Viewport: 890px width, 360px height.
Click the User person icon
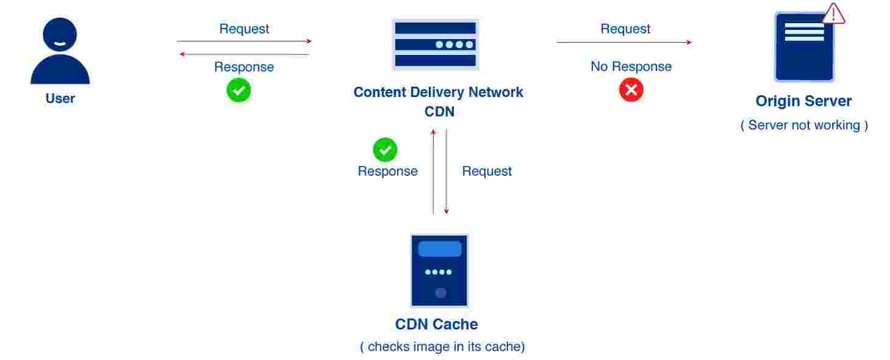pos(60,51)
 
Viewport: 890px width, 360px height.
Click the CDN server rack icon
pos(435,45)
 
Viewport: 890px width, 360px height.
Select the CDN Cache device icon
pos(439,270)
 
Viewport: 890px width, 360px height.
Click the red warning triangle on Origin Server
pos(833,13)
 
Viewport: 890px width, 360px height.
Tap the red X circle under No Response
pos(631,90)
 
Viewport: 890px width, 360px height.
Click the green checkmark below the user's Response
pos(239,90)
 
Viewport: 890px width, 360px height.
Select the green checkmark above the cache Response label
pos(385,149)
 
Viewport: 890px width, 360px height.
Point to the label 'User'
pos(60,98)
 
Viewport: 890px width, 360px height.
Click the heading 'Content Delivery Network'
pos(438,92)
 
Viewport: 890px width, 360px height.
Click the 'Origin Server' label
pos(803,101)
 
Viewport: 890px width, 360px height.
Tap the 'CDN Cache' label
pos(436,324)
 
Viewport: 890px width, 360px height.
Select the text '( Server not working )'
pos(803,125)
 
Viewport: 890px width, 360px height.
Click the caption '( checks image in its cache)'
pos(442,347)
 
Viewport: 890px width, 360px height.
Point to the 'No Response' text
pos(631,67)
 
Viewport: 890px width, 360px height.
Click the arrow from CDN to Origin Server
pos(624,42)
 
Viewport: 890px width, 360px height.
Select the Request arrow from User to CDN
pos(244,41)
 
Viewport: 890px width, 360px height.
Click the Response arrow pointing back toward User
pos(244,54)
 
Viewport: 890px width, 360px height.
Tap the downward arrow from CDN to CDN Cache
pos(447,171)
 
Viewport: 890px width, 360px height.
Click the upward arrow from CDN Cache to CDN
pos(433,171)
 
